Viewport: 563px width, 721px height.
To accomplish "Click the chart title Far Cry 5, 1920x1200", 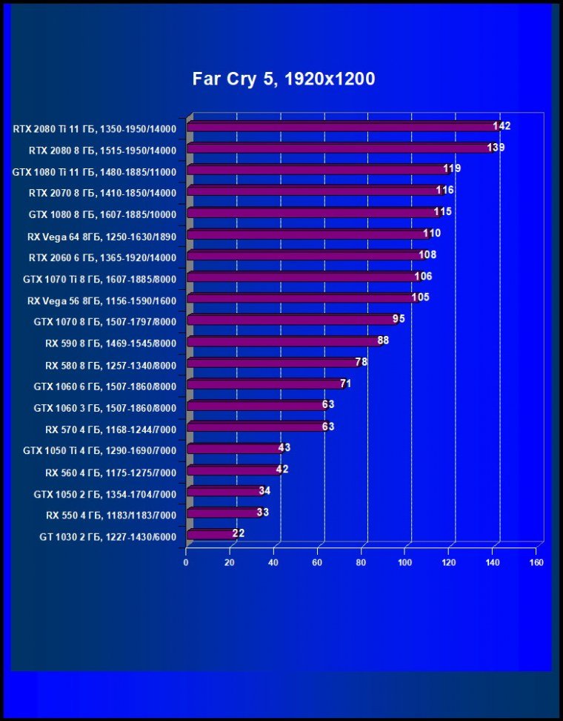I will (x=284, y=79).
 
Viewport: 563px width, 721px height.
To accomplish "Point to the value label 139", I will (x=496, y=148).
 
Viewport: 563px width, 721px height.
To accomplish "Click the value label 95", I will (x=399, y=319).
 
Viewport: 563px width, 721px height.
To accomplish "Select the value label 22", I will (x=238, y=533).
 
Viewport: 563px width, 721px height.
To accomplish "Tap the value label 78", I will (x=362, y=362).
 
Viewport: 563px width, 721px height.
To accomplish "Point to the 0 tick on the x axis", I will (x=186, y=562).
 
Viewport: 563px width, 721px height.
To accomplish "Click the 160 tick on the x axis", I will (x=536, y=562).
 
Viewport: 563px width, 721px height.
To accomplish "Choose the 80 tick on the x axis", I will (x=362, y=562).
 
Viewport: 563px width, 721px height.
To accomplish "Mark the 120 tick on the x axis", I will (x=449, y=562).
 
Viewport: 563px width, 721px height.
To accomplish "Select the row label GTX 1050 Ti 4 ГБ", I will (x=99, y=450).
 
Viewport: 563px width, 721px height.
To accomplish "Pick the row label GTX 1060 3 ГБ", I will (x=104, y=408).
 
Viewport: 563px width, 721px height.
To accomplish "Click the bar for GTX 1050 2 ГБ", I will (x=224, y=491).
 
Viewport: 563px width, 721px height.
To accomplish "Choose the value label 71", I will (x=345, y=383).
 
